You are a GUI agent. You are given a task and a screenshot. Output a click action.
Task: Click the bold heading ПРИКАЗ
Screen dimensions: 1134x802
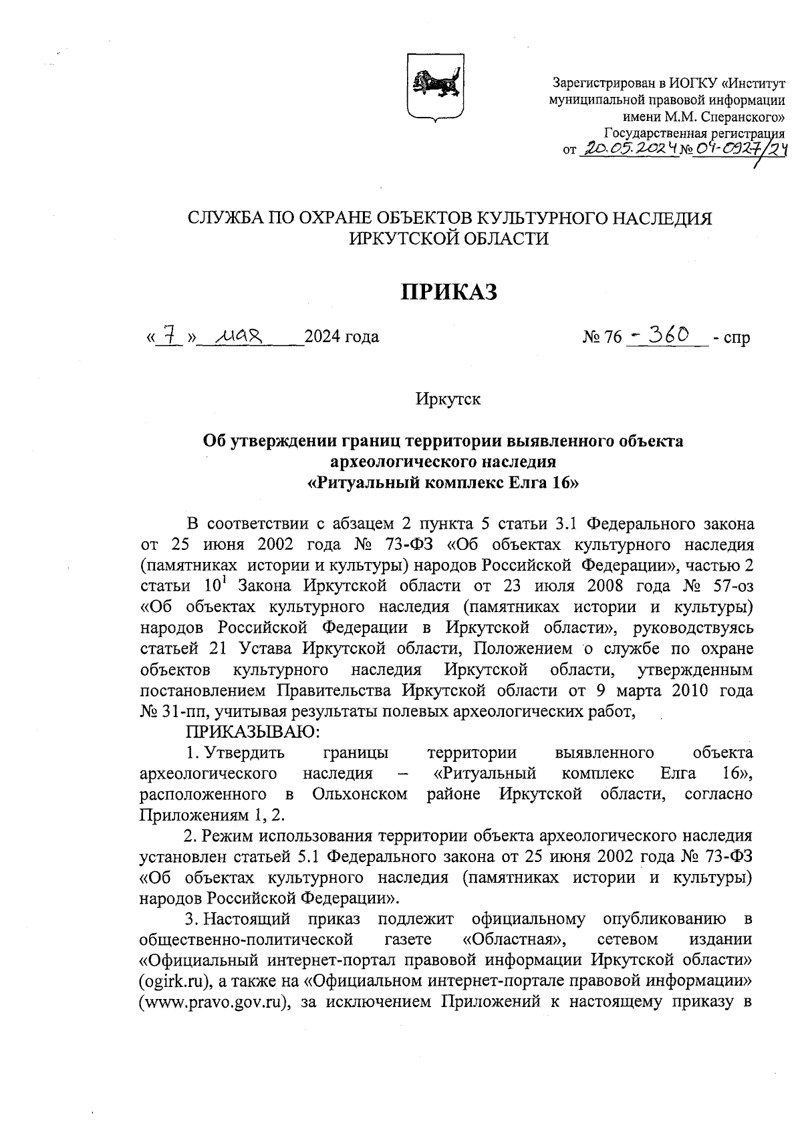coord(449,292)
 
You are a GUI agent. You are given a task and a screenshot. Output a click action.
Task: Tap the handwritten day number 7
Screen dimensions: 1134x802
coord(171,335)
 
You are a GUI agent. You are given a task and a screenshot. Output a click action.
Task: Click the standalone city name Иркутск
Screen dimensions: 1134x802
coord(448,400)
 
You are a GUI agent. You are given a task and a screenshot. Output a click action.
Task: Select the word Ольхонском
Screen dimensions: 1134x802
coord(360,794)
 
